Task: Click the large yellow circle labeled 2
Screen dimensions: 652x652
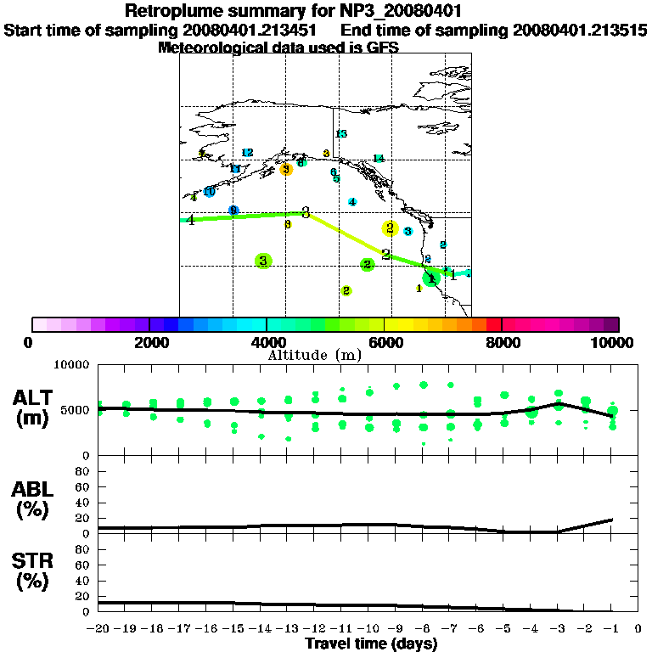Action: tap(390, 228)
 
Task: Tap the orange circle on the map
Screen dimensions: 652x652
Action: tap(286, 169)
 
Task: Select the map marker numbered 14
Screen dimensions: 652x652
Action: tap(379, 159)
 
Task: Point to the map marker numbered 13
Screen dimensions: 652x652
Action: tap(341, 134)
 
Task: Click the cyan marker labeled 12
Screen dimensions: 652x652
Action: tap(247, 153)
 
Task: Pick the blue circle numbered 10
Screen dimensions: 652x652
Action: tap(209, 192)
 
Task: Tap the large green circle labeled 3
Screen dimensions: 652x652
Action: tap(264, 261)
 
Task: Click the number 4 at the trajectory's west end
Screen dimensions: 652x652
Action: tap(191, 220)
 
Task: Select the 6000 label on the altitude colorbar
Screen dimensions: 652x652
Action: tap(385, 342)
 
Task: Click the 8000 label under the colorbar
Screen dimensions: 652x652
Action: tap(502, 342)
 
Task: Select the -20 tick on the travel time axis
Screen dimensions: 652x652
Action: tap(98, 630)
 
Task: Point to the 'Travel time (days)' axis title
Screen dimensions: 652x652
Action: tap(371, 644)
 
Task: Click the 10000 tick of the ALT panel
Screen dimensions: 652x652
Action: tap(72, 365)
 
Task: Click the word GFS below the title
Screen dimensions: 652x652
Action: tap(383, 48)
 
